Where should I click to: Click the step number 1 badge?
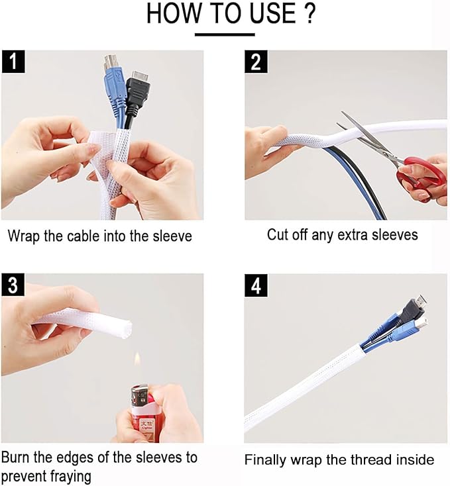(13, 63)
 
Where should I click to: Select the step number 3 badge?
(13, 286)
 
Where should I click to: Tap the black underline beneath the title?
(225, 34)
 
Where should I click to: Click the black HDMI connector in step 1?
(137, 86)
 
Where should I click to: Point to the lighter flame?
(137, 362)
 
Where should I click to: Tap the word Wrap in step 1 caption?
(24, 235)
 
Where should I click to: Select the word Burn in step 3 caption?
(17, 458)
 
